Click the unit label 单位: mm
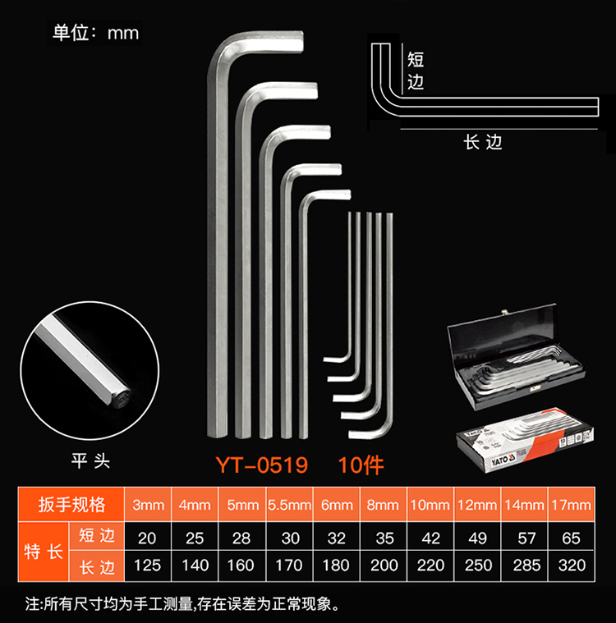tap(95, 33)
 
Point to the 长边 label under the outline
tap(482, 142)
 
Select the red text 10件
tap(361, 465)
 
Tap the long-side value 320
tap(572, 566)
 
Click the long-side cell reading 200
tap(384, 566)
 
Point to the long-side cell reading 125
tap(149, 566)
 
